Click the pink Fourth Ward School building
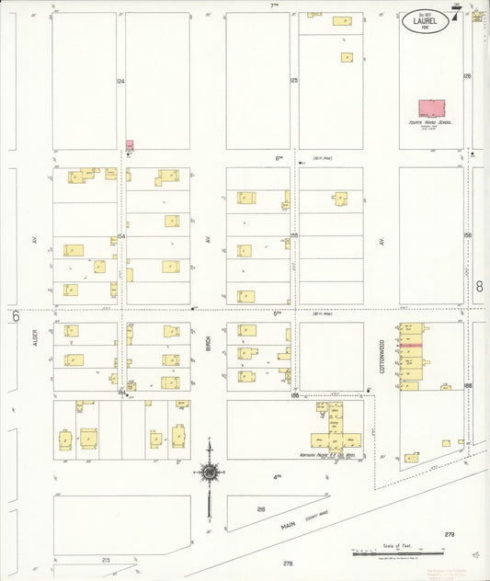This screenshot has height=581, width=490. click(x=432, y=108)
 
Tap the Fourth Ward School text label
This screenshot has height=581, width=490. click(x=430, y=121)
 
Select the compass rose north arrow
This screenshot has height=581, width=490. click(x=210, y=473)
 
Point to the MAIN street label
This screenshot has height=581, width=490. click(x=292, y=526)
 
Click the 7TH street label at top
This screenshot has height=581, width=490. click(x=273, y=6)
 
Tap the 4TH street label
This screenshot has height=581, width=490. click(x=276, y=476)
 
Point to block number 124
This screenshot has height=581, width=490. click(x=120, y=82)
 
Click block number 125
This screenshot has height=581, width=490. click(x=294, y=82)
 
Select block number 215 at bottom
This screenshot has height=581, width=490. click(x=106, y=559)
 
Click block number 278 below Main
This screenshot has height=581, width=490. click(x=287, y=563)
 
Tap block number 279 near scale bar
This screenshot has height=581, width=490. click(x=449, y=534)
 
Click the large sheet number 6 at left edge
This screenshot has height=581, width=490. click(x=16, y=316)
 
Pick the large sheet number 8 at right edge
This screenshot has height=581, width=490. click(x=479, y=287)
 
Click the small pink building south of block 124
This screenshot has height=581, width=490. click(x=130, y=145)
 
